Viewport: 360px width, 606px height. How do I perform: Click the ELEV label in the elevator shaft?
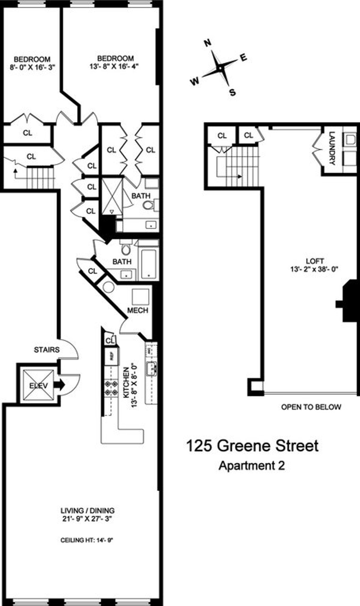38,386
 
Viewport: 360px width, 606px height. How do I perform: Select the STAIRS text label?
46,350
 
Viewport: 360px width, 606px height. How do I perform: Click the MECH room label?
138,310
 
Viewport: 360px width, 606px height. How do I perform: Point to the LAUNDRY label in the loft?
332,148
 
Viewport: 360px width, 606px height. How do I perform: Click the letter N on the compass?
207,43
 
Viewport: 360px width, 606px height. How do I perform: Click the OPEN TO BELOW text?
311,407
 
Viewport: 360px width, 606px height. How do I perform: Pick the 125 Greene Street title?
252,446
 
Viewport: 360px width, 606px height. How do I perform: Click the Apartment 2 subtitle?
252,466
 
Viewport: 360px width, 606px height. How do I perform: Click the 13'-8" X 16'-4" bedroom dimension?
115,66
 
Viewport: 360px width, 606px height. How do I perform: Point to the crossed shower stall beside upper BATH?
112,196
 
